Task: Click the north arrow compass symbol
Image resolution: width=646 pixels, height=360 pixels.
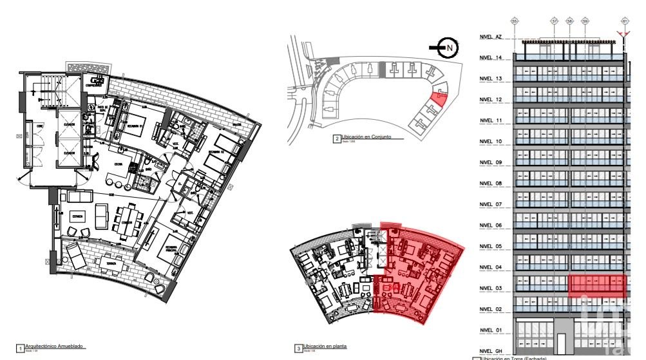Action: click(442, 46)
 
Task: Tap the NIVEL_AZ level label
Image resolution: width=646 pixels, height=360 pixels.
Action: click(491, 37)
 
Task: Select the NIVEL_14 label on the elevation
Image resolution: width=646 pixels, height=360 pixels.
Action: click(491, 58)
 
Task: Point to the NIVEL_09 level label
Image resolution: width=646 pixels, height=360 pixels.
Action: click(491, 163)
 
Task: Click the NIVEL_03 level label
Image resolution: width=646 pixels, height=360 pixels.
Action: click(491, 289)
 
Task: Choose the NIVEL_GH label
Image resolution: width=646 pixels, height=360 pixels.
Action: click(491, 352)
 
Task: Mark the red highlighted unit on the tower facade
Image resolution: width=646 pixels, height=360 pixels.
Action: click(597, 285)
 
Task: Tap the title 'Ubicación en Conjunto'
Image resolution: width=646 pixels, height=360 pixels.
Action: click(368, 137)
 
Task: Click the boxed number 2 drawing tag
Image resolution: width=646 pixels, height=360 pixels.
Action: click(337, 138)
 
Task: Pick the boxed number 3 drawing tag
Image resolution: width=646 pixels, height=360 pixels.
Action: click(298, 348)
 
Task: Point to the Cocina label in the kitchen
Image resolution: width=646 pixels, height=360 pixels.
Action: click(120, 165)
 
